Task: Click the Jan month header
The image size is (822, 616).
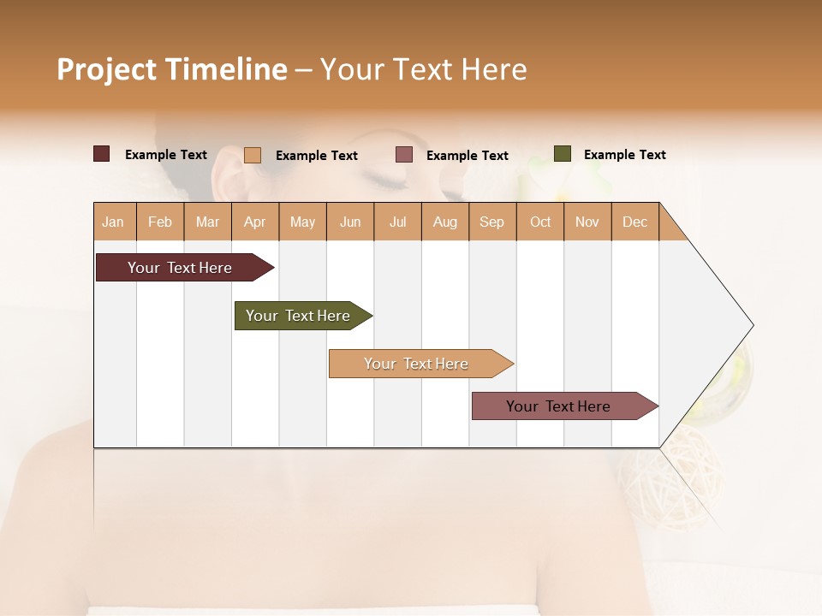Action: click(113, 222)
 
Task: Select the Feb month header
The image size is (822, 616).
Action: click(160, 222)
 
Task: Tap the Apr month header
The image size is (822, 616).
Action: click(254, 222)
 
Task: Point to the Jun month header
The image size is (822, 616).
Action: click(350, 222)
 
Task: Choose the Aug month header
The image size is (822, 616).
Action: click(444, 222)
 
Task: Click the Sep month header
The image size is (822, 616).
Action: click(491, 222)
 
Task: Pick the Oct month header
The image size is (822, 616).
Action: click(540, 222)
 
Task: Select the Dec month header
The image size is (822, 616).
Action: click(634, 222)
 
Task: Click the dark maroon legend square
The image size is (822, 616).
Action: click(102, 154)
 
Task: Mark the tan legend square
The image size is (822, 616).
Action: click(253, 155)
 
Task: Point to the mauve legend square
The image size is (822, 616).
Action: click(404, 155)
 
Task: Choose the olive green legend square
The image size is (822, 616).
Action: click(562, 154)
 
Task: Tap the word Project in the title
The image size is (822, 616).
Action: click(106, 69)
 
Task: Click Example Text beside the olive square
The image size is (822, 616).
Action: click(624, 155)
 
